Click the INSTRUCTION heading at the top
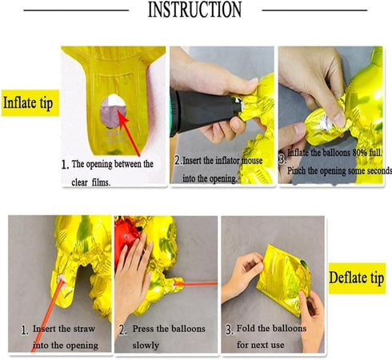pyautogui.click(x=194, y=10)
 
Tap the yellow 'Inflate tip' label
pyautogui.click(x=30, y=103)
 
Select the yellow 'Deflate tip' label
pyautogui.click(x=357, y=278)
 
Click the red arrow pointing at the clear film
pyautogui.click(x=129, y=133)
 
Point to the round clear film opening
pyautogui.click(x=113, y=110)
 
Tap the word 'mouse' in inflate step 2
pyautogui.click(x=252, y=161)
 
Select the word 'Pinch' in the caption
pyautogui.click(x=296, y=170)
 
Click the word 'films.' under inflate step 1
pyautogui.click(x=101, y=182)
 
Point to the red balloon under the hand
pyautogui.click(x=126, y=238)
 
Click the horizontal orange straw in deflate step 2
pyautogui.click(x=196, y=284)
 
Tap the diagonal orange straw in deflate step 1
pyautogui.click(x=47, y=315)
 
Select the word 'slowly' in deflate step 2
pyautogui.click(x=146, y=345)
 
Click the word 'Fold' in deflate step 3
pyautogui.click(x=246, y=328)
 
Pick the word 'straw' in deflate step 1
pyautogui.click(x=84, y=329)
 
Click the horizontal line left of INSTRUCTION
pyautogui.click(x=76, y=10)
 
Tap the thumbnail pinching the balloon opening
pyautogui.click(x=339, y=118)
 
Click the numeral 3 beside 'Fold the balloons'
pyautogui.click(x=229, y=330)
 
